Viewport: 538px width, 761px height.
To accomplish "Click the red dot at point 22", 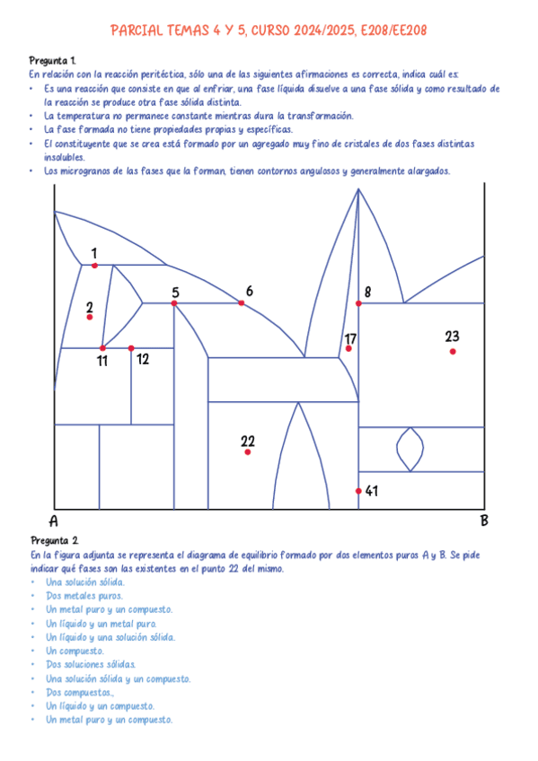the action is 247,451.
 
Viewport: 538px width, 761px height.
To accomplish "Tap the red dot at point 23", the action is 453,351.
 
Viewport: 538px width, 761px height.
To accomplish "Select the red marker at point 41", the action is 358,491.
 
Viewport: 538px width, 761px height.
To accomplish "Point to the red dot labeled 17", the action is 348,348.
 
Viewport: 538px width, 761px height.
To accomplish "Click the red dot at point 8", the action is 358,303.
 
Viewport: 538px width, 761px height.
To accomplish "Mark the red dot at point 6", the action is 242,303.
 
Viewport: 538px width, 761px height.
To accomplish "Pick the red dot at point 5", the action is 174,303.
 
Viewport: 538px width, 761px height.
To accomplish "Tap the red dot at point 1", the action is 94,265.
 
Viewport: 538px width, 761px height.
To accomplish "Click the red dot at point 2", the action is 90,317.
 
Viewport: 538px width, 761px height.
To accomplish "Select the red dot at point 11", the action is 102,348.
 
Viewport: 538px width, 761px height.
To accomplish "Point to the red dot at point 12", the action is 131,348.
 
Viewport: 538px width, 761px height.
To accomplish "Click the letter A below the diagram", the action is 54,521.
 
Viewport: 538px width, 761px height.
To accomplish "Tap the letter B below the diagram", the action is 484,520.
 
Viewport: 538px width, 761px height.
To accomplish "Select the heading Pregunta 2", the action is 54,540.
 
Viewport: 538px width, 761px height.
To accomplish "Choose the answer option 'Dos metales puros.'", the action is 84,595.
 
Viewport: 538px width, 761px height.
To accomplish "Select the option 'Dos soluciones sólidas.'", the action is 91,664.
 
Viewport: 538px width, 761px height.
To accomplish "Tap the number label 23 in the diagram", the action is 452,337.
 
